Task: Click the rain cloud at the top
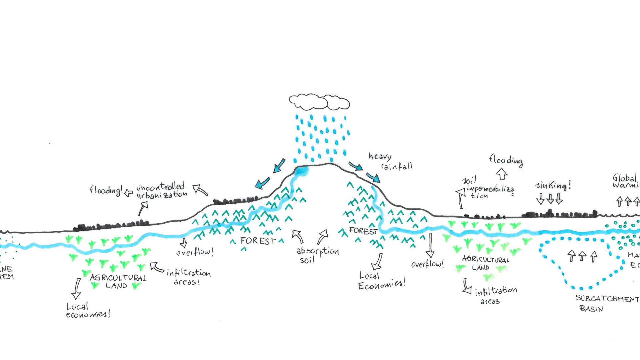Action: coord(319,102)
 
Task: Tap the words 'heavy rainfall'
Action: coord(390,161)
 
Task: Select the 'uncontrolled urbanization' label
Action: coord(161,191)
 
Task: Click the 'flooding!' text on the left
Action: coord(106,190)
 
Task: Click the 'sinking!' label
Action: coord(553,185)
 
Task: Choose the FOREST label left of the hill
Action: coord(258,241)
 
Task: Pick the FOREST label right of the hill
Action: coord(363,231)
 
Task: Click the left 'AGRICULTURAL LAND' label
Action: coord(118,281)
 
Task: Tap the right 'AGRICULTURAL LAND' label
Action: coord(485,263)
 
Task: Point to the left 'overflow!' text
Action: coord(195,252)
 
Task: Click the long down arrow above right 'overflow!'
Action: coord(430,245)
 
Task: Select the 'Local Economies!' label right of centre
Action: coord(381,281)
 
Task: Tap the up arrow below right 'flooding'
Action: coord(502,174)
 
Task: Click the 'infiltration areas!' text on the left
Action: coord(188,277)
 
